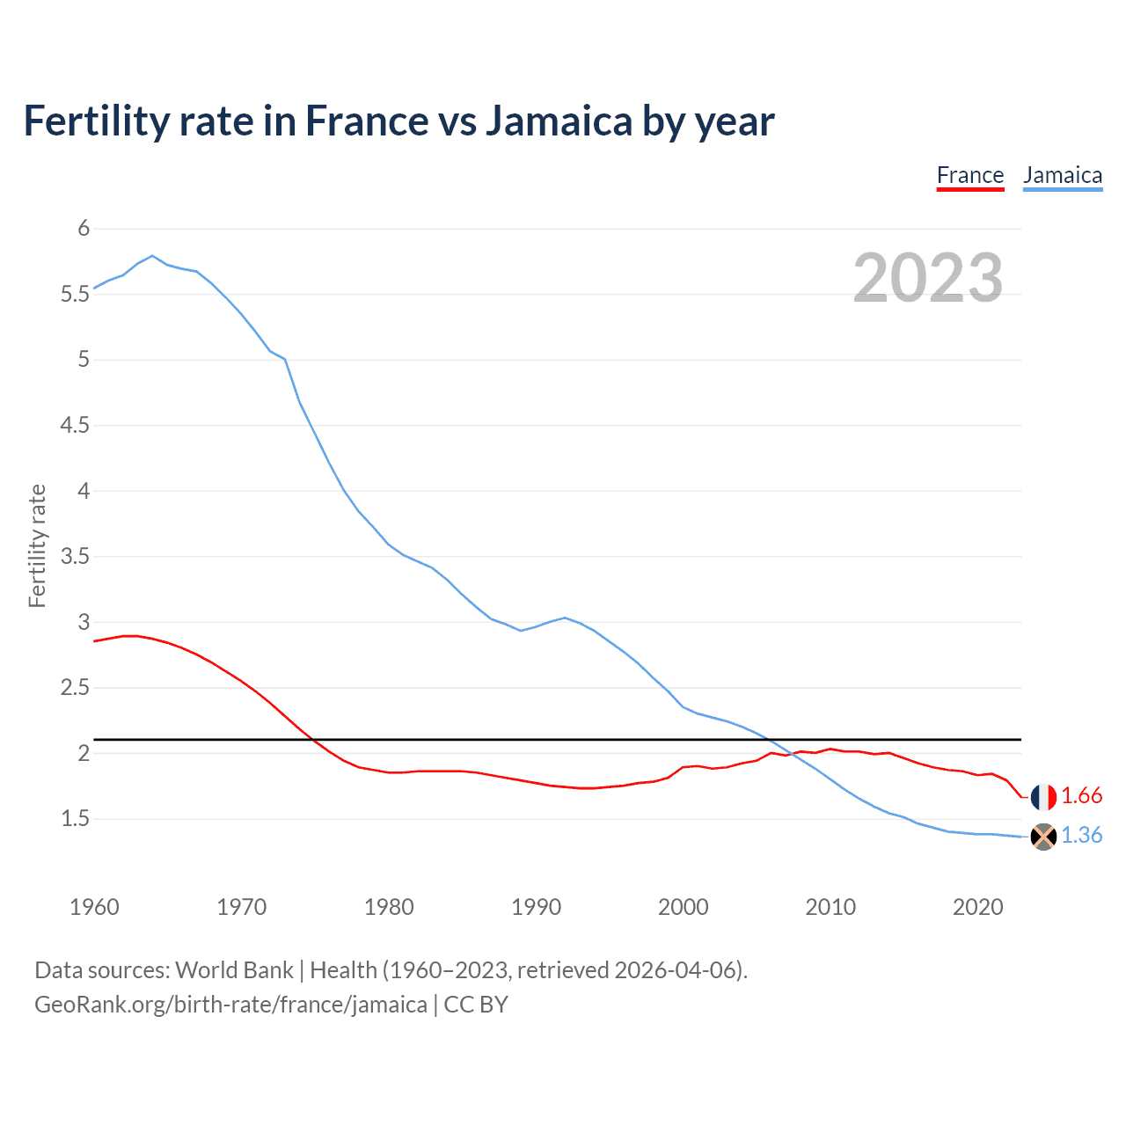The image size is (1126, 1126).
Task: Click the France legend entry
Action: (970, 175)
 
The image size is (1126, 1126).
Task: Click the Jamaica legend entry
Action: (1063, 175)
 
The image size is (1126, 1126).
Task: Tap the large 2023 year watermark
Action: (928, 278)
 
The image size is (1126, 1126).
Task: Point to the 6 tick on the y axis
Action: (84, 229)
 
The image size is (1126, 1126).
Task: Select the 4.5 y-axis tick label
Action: (76, 426)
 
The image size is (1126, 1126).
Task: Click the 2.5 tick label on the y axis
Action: (76, 688)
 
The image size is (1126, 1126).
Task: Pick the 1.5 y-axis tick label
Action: (76, 819)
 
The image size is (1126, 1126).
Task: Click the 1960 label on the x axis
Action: (94, 907)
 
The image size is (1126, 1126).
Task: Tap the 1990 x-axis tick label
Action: (536, 907)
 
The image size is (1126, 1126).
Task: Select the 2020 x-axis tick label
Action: (977, 907)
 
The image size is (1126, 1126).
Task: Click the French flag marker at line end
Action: (1043, 797)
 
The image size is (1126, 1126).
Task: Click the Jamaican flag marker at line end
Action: (1043, 837)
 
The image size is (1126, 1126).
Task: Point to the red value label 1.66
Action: (1082, 796)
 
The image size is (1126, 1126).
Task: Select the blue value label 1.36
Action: (1082, 836)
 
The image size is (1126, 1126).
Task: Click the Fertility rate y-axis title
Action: (37, 545)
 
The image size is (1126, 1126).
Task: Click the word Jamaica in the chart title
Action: (559, 121)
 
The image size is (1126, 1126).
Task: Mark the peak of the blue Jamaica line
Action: (152, 256)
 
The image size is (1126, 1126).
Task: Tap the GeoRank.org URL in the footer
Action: (230, 1005)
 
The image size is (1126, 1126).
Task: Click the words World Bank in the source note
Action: (234, 970)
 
